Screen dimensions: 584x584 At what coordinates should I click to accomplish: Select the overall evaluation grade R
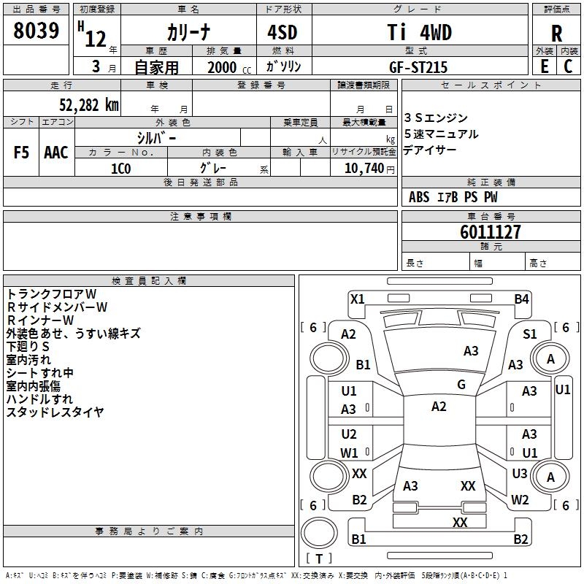[556, 33]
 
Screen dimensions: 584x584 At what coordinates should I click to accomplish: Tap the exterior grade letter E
[544, 66]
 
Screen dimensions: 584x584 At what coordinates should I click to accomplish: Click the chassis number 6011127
[491, 232]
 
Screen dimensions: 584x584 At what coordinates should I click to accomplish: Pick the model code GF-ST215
[418, 67]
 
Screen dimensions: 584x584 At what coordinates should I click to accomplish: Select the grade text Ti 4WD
[419, 33]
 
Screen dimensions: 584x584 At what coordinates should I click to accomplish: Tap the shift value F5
[22, 153]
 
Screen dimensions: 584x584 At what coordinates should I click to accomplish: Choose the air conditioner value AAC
[56, 153]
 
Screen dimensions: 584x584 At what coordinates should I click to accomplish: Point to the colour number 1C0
[120, 169]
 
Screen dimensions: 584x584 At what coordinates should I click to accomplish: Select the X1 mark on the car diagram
[358, 299]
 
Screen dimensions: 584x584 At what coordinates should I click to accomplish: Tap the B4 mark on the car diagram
[521, 299]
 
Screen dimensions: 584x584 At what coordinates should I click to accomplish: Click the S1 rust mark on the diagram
[530, 334]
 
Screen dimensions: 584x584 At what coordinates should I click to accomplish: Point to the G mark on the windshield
[461, 385]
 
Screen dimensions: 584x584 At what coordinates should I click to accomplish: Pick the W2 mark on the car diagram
[520, 500]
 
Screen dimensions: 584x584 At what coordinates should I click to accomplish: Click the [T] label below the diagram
[319, 558]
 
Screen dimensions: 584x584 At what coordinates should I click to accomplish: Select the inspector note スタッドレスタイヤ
[55, 412]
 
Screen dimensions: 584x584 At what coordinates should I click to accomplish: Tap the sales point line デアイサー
[430, 150]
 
